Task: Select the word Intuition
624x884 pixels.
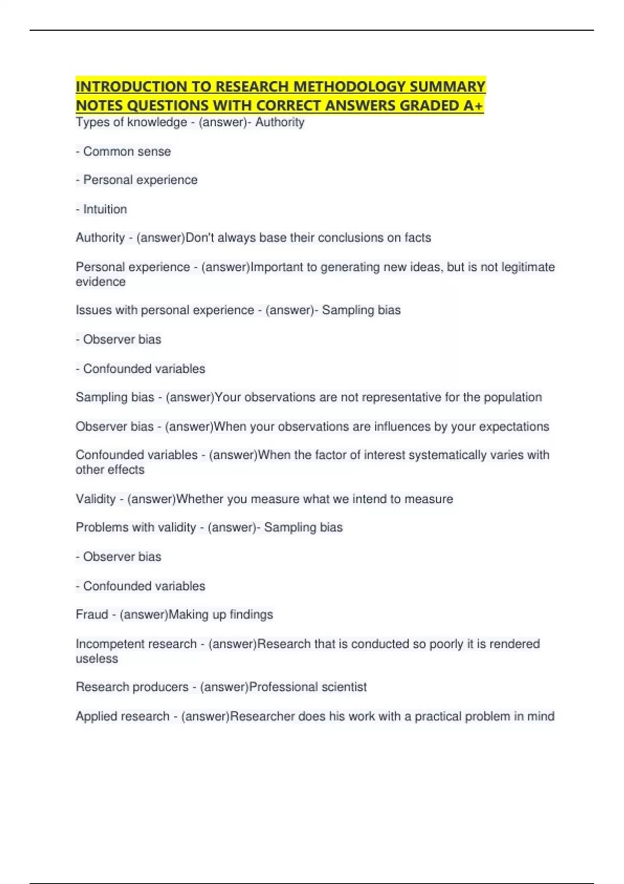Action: click(x=105, y=209)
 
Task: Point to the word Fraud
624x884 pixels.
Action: click(x=92, y=615)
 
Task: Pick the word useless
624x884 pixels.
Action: click(x=97, y=658)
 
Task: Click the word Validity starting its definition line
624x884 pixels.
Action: click(x=96, y=499)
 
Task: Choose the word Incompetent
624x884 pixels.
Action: click(x=108, y=644)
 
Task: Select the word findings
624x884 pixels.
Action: click(x=251, y=615)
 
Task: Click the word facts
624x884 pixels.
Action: click(x=418, y=238)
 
